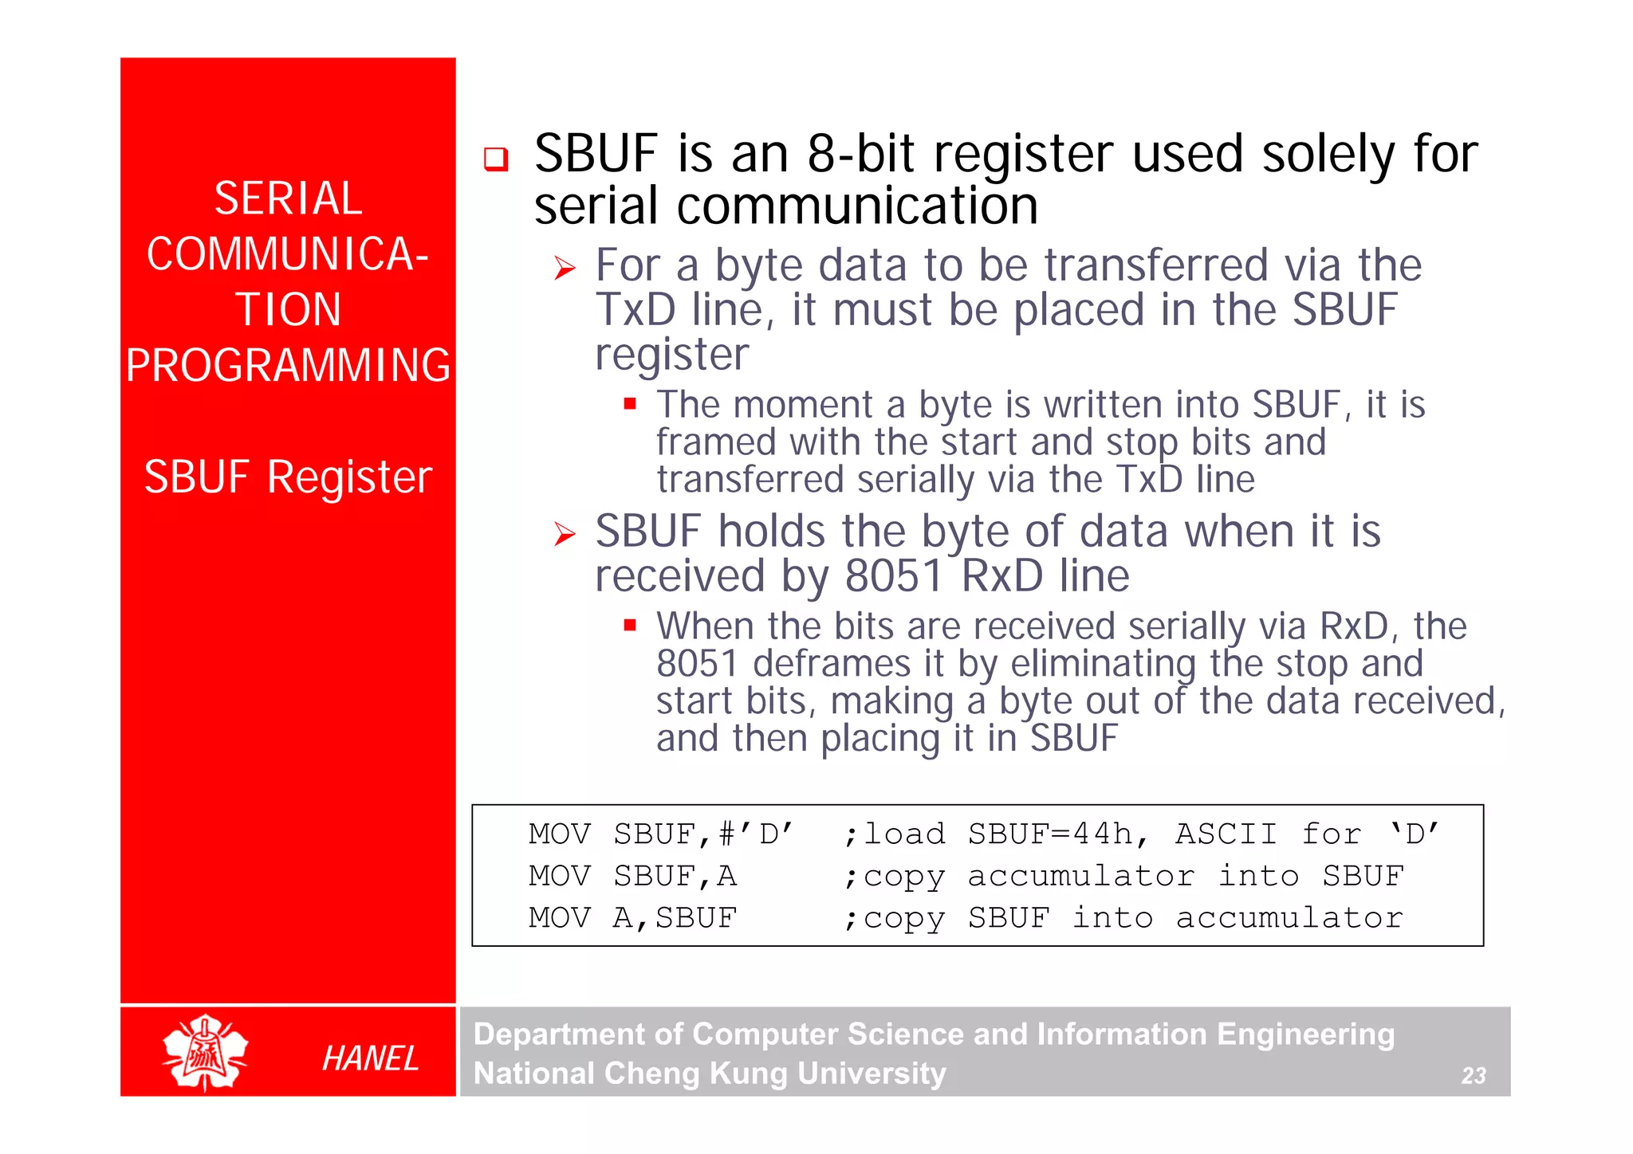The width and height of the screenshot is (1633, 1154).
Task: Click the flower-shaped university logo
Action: pos(205,1052)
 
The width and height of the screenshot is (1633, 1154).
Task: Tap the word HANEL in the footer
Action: pos(370,1058)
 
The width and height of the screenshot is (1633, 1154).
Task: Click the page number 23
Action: pos(1473,1075)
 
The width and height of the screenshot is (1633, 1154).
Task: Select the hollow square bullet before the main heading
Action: pos(495,159)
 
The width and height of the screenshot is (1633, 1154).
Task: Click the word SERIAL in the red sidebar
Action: pos(288,198)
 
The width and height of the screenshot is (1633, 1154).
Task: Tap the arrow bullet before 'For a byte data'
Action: pos(565,269)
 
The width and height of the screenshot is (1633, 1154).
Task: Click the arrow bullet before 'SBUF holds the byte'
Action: pos(565,534)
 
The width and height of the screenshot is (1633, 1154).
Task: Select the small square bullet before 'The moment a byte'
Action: pos(630,404)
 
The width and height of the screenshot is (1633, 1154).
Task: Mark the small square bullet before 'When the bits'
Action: pos(630,626)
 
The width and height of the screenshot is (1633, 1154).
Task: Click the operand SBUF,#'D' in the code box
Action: pos(702,834)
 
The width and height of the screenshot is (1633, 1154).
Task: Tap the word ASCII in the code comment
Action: pos(1226,834)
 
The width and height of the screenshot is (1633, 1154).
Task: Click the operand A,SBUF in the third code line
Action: pos(675,918)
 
